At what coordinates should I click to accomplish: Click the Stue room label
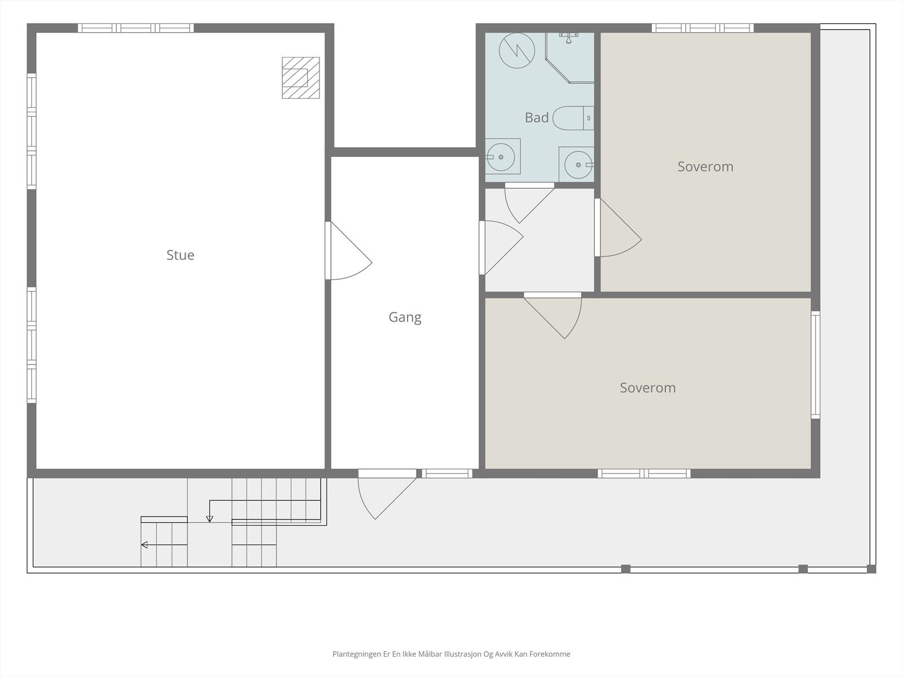click(x=180, y=255)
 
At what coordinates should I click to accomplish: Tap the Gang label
click(x=405, y=317)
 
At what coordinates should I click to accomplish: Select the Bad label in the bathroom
click(x=537, y=117)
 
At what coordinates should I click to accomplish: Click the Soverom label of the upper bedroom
click(x=705, y=166)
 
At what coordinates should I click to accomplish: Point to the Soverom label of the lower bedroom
click(x=648, y=388)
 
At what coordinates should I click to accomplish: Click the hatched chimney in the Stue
click(x=301, y=78)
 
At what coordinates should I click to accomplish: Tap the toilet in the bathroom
click(x=573, y=118)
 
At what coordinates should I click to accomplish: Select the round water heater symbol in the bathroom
click(x=517, y=51)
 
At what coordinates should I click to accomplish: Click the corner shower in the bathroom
click(x=570, y=58)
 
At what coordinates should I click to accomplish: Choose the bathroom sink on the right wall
click(x=577, y=164)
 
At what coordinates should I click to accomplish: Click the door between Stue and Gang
click(x=348, y=250)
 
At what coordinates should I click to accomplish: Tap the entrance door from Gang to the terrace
click(x=387, y=494)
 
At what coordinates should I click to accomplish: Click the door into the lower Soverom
click(x=553, y=316)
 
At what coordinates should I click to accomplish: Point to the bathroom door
click(x=529, y=204)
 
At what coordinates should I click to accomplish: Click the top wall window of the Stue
click(x=136, y=28)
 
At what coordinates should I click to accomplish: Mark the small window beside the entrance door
click(x=447, y=473)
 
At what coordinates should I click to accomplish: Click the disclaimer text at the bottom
click(x=451, y=654)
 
